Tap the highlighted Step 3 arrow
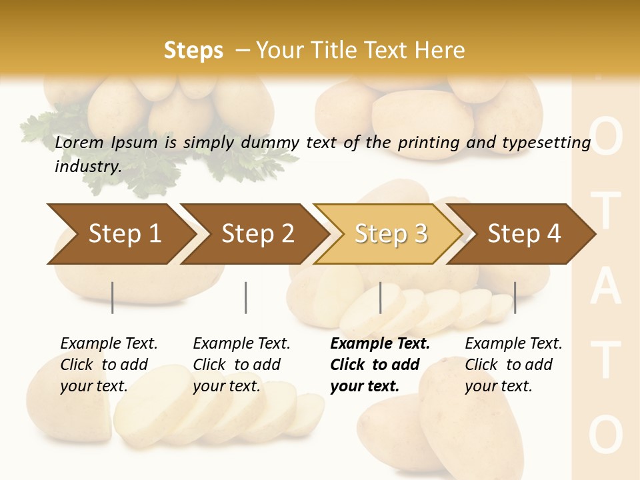coord(389,234)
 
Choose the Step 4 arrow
coord(523,234)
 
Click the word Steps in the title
coord(193,50)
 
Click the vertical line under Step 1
coord(113,297)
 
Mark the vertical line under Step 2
coord(246,297)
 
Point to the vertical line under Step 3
coord(381,297)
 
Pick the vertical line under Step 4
coord(515,297)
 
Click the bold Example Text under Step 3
coord(380,344)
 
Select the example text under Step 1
coord(109,364)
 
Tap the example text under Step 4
coord(513,364)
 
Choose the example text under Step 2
coord(241,364)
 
